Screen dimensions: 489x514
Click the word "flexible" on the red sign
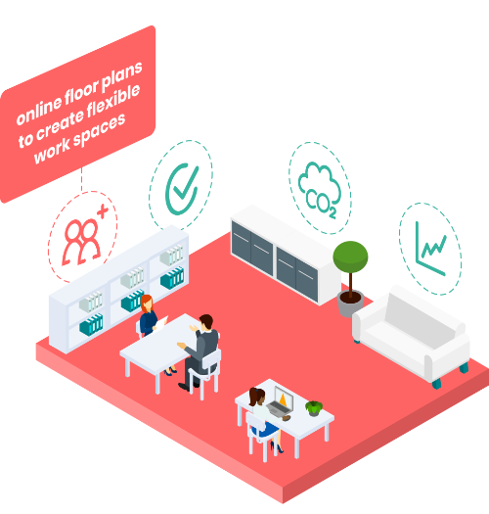click(113, 101)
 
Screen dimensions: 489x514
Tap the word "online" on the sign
click(39, 111)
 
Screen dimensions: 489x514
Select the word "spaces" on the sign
click(99, 129)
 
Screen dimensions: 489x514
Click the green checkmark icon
click(182, 189)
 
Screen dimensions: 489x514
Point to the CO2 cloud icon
click(320, 190)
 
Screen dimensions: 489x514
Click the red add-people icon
click(84, 235)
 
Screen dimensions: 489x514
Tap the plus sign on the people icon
click(103, 211)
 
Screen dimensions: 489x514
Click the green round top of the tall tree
click(350, 257)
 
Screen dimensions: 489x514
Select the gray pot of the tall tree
click(350, 304)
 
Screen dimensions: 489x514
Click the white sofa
click(412, 336)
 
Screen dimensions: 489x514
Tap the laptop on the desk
click(281, 401)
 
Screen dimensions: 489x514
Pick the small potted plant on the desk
click(314, 408)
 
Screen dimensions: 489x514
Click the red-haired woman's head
click(147, 303)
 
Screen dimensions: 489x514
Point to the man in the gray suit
click(199, 351)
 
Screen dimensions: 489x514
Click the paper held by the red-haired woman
click(161, 323)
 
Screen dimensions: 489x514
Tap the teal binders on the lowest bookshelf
click(91, 324)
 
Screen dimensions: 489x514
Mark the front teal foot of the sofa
click(436, 384)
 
